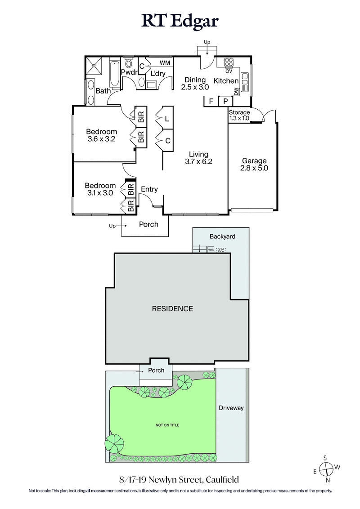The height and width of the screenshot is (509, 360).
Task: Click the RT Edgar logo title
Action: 180,21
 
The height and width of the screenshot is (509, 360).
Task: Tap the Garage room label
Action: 254,165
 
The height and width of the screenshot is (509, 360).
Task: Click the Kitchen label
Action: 225,81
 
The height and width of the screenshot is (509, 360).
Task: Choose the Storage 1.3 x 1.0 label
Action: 239,115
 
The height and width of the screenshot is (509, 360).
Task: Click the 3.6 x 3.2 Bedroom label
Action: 101,135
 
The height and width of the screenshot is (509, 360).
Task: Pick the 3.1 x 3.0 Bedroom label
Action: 100,189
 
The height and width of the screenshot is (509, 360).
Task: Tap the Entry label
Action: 149,189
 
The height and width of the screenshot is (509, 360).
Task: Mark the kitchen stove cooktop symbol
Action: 228,63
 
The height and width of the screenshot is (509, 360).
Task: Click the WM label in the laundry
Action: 165,63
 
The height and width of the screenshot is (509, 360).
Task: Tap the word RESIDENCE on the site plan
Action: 172,308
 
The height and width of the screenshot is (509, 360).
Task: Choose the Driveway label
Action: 231,408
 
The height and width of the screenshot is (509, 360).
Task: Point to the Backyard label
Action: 222,237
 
